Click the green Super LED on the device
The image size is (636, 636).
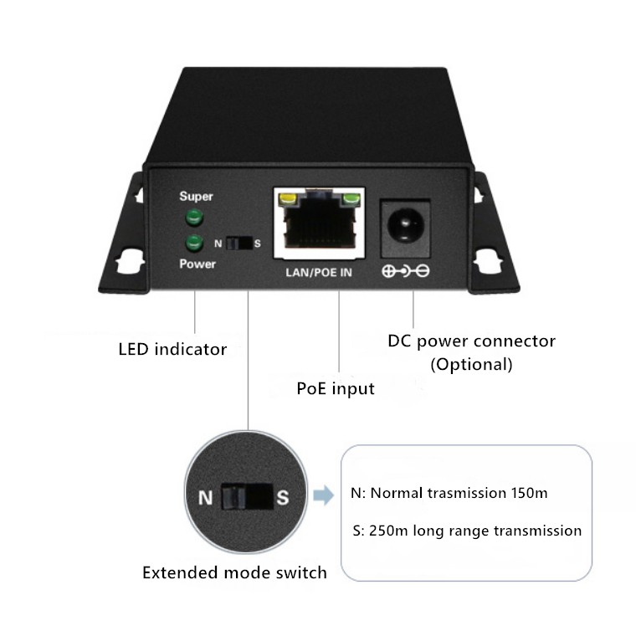pyautogui.click(x=195, y=218)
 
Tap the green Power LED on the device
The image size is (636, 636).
pyautogui.click(x=195, y=243)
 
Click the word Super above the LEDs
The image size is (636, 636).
pyautogui.click(x=197, y=197)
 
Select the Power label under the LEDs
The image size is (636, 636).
pyautogui.click(x=197, y=264)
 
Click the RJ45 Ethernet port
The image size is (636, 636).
pyautogui.click(x=319, y=224)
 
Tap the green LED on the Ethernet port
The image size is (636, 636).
pyautogui.click(x=350, y=200)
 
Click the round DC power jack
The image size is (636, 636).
pyautogui.click(x=406, y=226)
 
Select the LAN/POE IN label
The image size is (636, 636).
pyautogui.click(x=319, y=272)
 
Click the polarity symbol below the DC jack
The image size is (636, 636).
pyautogui.click(x=406, y=271)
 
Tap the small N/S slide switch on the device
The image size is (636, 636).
pyautogui.click(x=238, y=244)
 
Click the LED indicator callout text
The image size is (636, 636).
pyautogui.click(x=172, y=349)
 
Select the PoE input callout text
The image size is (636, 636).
pyautogui.click(x=336, y=388)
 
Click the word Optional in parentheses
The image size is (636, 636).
pyautogui.click(x=470, y=364)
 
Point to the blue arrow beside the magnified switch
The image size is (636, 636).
pyautogui.click(x=322, y=496)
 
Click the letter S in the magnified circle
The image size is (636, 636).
pyautogui.click(x=283, y=498)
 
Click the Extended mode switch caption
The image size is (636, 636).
pyautogui.click(x=234, y=573)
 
